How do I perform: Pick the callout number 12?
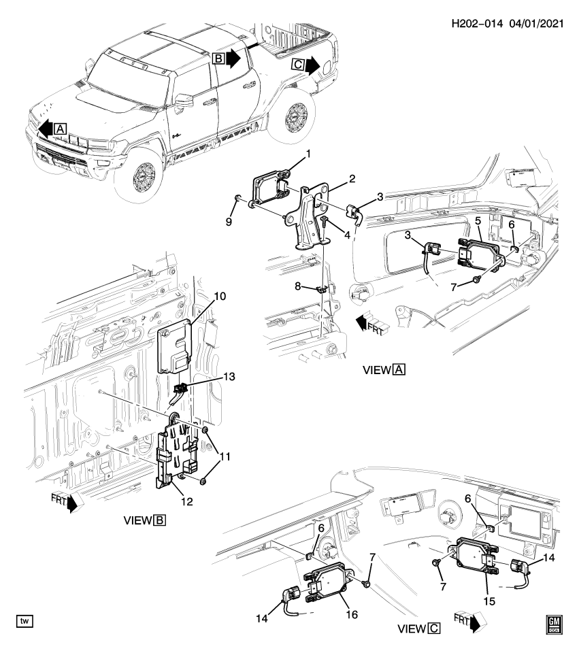click(x=186, y=501)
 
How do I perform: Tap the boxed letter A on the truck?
click(x=60, y=128)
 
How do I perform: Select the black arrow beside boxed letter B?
click(x=233, y=59)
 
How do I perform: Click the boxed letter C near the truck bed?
click(x=298, y=65)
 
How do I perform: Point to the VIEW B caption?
click(x=144, y=521)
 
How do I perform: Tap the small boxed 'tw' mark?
click(x=24, y=621)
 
